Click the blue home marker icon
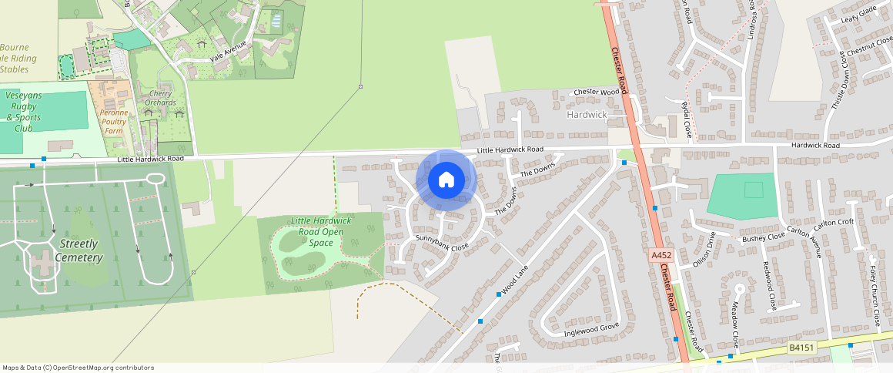pos(446,180)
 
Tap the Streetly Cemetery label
pos(80,250)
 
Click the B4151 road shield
pos(801,348)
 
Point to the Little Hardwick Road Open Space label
pos(321,231)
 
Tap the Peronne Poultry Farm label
pos(113,121)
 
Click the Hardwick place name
pos(587,115)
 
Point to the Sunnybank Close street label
pos(442,243)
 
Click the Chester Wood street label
pos(597,92)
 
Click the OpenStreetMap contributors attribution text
pos(79,368)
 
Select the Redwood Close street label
pos(768,284)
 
